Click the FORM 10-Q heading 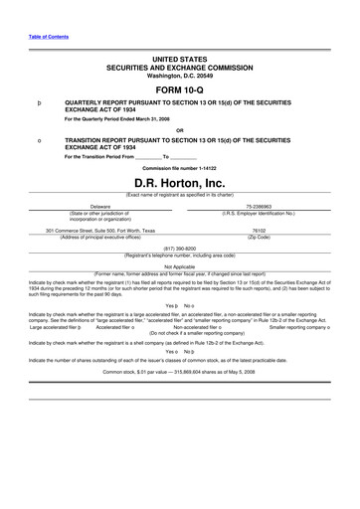180,85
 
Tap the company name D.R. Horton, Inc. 180,184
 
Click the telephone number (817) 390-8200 180,248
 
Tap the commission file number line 180,168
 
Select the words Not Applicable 180,266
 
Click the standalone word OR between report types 180,130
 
